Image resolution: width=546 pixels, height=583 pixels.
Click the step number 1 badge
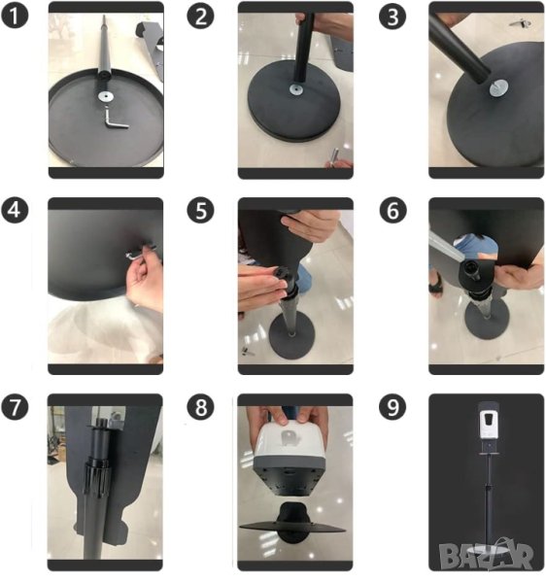tap(15, 16)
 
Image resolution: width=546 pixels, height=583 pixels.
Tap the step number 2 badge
tap(200, 16)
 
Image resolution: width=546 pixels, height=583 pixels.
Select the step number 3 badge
tap(392, 17)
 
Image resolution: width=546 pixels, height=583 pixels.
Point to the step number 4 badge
tap(15, 210)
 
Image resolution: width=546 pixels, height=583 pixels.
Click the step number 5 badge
tap(200, 211)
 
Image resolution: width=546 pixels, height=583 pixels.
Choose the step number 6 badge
tap(392, 211)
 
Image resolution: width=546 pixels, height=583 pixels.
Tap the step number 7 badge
tap(15, 407)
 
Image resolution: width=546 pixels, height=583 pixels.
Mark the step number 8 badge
tap(201, 407)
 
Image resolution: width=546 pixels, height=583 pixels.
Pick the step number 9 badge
tap(392, 407)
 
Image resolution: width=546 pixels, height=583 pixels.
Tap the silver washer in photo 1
tap(106, 96)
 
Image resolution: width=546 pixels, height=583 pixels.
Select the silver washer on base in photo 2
tap(296, 89)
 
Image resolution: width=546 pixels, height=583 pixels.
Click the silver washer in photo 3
tap(498, 88)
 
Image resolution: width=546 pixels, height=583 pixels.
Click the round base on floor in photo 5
tap(291, 337)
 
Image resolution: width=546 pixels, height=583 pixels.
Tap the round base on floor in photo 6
tap(487, 320)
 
